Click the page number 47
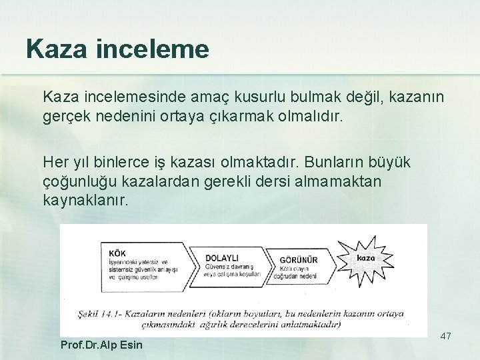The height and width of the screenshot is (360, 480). click(445, 336)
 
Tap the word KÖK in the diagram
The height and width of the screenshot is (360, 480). click(117, 253)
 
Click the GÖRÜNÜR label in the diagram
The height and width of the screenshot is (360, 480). click(299, 259)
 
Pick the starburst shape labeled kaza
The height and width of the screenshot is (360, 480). click(366, 257)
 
